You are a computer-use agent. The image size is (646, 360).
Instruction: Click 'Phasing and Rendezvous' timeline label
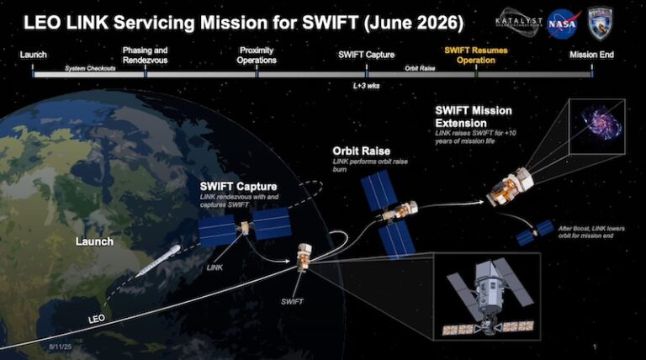pyautogui.click(x=146, y=55)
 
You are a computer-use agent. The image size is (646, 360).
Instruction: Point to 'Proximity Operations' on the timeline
pyautogui.click(x=257, y=55)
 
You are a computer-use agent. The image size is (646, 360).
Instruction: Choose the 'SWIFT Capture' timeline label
pyautogui.click(x=366, y=56)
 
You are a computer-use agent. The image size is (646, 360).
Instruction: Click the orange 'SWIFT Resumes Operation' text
pyautogui.click(x=476, y=55)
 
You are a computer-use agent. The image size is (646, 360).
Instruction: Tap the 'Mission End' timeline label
pyautogui.click(x=591, y=56)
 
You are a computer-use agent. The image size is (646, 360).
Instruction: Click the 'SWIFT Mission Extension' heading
pyautogui.click(x=473, y=117)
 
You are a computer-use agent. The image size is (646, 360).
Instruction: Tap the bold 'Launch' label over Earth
pyautogui.click(x=94, y=241)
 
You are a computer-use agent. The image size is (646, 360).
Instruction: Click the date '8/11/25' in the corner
pyautogui.click(x=59, y=346)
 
